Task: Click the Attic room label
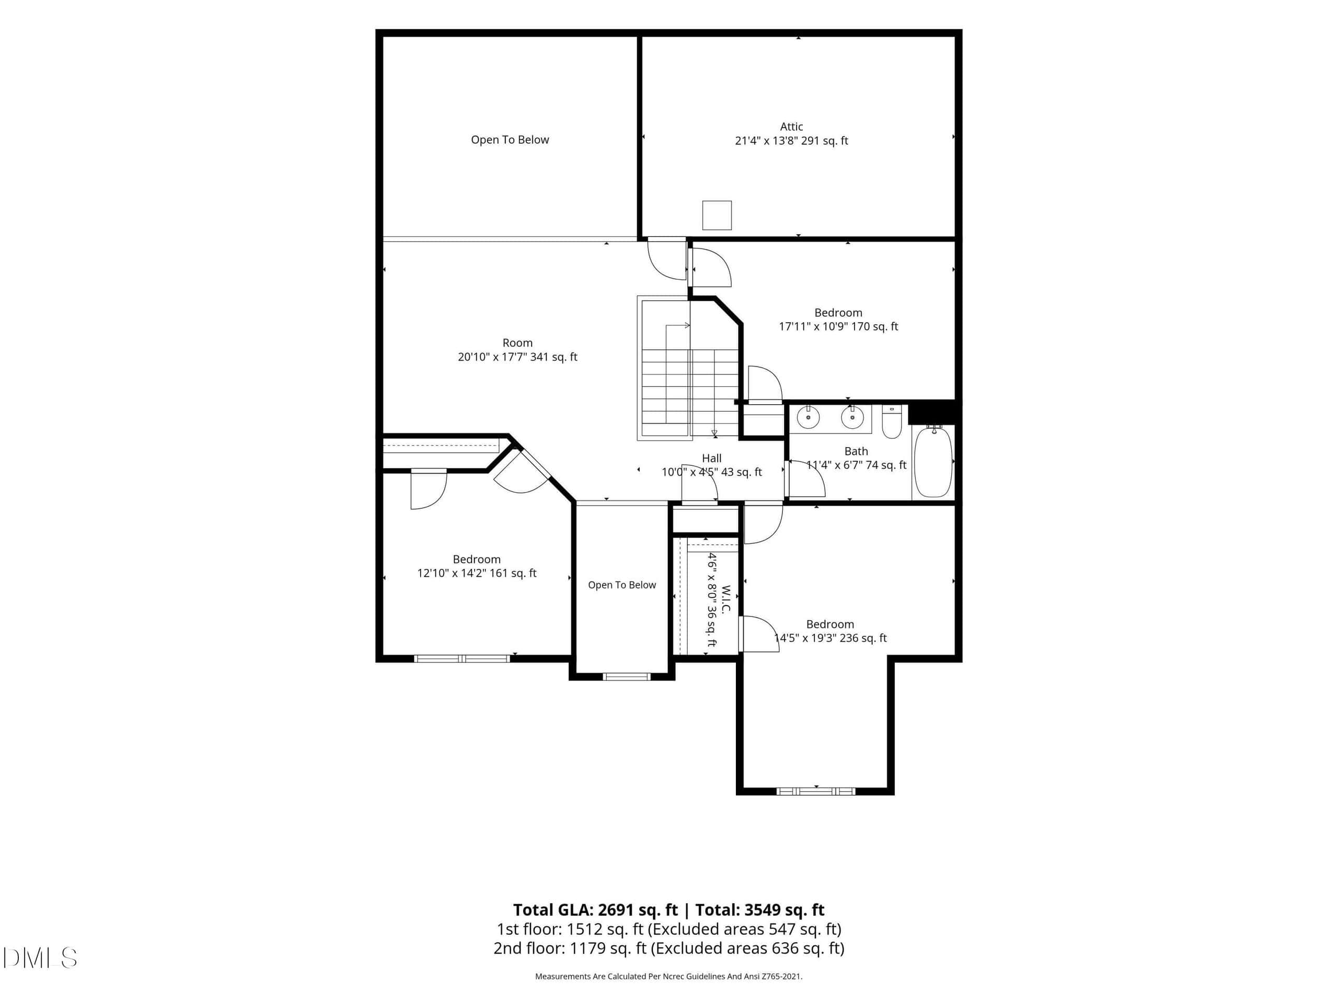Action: pyautogui.click(x=791, y=127)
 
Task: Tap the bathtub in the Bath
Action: pyautogui.click(x=933, y=462)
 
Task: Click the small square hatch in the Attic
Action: pyautogui.click(x=717, y=215)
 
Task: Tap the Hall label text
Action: pyautogui.click(x=711, y=458)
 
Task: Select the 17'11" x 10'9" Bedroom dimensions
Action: pyautogui.click(x=838, y=327)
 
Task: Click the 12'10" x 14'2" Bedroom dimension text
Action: pyautogui.click(x=477, y=573)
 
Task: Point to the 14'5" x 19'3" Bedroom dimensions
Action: pyautogui.click(x=831, y=638)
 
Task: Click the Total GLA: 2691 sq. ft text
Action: pyautogui.click(x=595, y=909)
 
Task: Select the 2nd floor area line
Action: pyautogui.click(x=669, y=948)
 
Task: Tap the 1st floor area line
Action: pyautogui.click(x=669, y=929)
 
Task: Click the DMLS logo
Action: pyautogui.click(x=40, y=958)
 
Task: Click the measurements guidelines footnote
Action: pyautogui.click(x=669, y=976)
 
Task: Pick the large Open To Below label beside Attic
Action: pyautogui.click(x=510, y=140)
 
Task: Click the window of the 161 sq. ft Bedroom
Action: pyautogui.click(x=462, y=658)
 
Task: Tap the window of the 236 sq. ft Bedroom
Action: pyautogui.click(x=815, y=791)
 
